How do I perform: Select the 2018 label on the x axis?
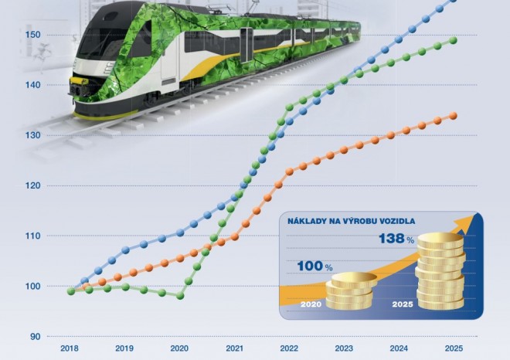pos(70,348)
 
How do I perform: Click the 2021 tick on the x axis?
pos(235,348)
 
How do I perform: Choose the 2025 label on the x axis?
pos(454,348)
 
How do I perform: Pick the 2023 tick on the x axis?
pos(344,348)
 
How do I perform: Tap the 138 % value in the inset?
pos(396,239)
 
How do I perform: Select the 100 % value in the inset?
pos(314,267)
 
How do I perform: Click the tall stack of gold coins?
pos(440,272)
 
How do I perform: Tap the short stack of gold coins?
pos(348,291)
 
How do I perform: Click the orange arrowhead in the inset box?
pos(463,225)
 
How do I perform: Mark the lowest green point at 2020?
pos(180,295)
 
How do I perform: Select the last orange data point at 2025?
pos(454,116)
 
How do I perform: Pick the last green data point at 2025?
pos(454,40)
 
